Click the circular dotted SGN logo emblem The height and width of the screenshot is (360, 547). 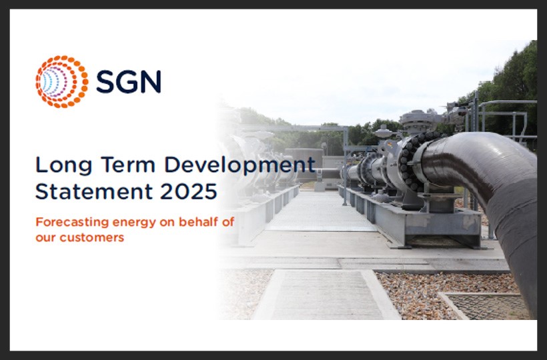pos(61,81)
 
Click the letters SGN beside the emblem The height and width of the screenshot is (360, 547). pos(128,81)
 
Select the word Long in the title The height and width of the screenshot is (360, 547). pos(58,163)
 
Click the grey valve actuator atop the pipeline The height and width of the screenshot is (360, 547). pos(418,120)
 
